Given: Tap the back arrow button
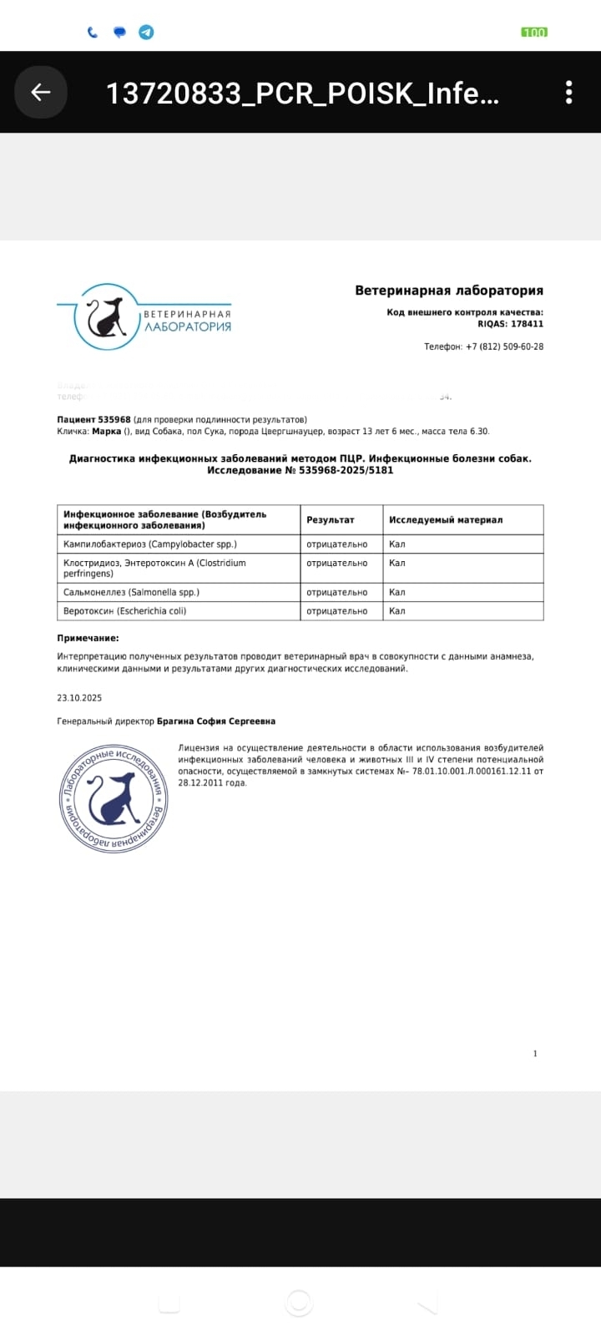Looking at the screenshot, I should [40, 92].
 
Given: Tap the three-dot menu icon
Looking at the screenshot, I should [568, 92].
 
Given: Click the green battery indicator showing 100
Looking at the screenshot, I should [533, 33].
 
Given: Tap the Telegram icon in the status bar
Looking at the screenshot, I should [146, 33].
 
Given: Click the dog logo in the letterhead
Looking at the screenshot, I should [106, 316].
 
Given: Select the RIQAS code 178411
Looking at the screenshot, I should [527, 324].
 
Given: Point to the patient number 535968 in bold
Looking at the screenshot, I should [114, 419].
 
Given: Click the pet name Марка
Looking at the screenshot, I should [106, 432].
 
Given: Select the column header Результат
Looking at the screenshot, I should [331, 519].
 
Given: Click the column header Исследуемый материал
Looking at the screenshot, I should [446, 519].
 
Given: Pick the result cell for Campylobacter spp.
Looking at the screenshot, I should [337, 544].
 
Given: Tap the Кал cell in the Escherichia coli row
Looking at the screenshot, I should [397, 611].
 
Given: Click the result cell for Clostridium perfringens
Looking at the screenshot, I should [337, 564].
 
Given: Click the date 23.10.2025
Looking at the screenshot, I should [79, 697].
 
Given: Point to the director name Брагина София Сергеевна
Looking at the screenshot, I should [216, 721].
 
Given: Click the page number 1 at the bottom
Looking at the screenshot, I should [535, 1054].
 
